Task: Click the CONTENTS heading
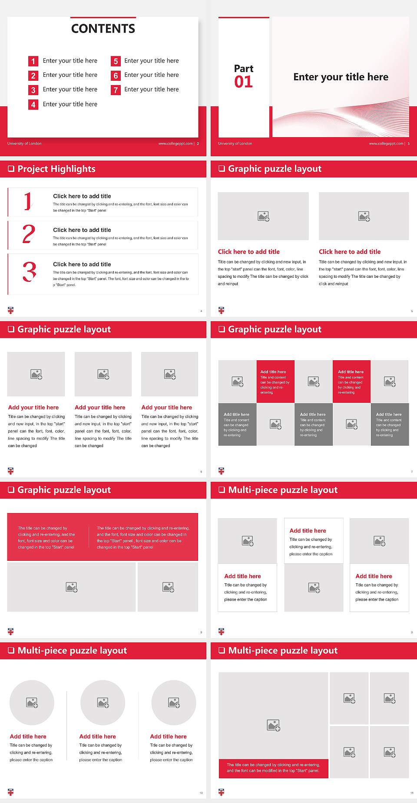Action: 103,29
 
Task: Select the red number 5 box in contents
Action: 116,61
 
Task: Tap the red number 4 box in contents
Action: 33,105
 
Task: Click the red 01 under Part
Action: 243,82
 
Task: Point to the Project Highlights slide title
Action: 56,169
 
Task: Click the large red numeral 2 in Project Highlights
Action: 29,234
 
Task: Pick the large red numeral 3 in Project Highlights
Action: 29,272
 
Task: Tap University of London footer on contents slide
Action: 24,144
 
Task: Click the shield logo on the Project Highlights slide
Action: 11,310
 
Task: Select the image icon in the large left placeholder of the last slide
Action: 273,725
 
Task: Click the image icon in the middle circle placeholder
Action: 103,702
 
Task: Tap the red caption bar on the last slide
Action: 273,767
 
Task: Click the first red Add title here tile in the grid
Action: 275,381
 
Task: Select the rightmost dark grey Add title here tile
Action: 390,424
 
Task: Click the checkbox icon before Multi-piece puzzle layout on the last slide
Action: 222,650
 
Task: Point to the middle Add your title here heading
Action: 100,408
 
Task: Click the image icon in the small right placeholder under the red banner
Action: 168,587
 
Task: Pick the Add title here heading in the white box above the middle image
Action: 308,531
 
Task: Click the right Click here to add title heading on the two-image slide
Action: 349,252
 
